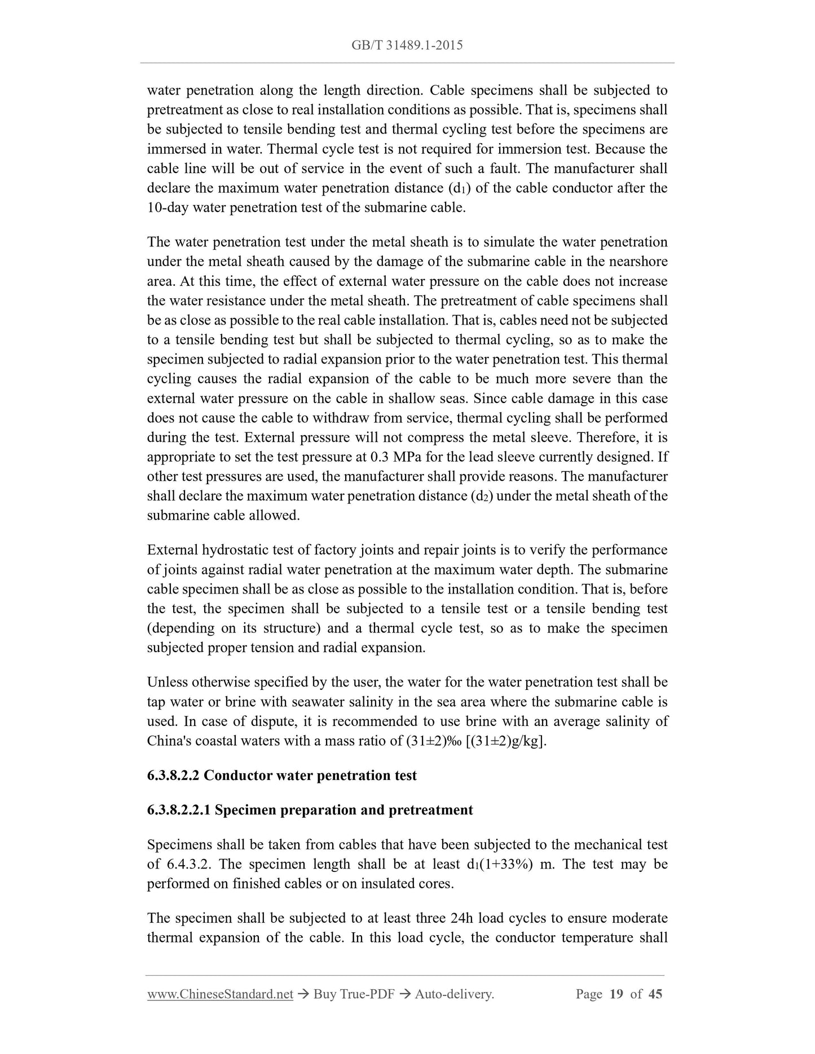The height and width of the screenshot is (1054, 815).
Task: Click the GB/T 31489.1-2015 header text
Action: point(407,45)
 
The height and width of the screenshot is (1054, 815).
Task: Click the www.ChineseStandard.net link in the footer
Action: point(220,994)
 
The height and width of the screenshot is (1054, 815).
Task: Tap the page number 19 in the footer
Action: point(616,994)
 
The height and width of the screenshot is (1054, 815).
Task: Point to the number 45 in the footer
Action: point(655,994)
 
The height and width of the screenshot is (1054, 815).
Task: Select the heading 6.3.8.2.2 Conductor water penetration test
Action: point(281,776)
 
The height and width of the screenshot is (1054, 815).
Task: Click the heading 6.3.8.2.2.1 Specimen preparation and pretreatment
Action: point(310,810)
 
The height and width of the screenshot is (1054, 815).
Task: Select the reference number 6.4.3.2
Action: point(189,865)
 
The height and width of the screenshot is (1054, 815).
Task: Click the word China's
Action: point(169,741)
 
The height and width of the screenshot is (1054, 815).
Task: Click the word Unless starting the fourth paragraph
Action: point(167,683)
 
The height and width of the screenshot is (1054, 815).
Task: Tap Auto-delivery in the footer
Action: point(454,994)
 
